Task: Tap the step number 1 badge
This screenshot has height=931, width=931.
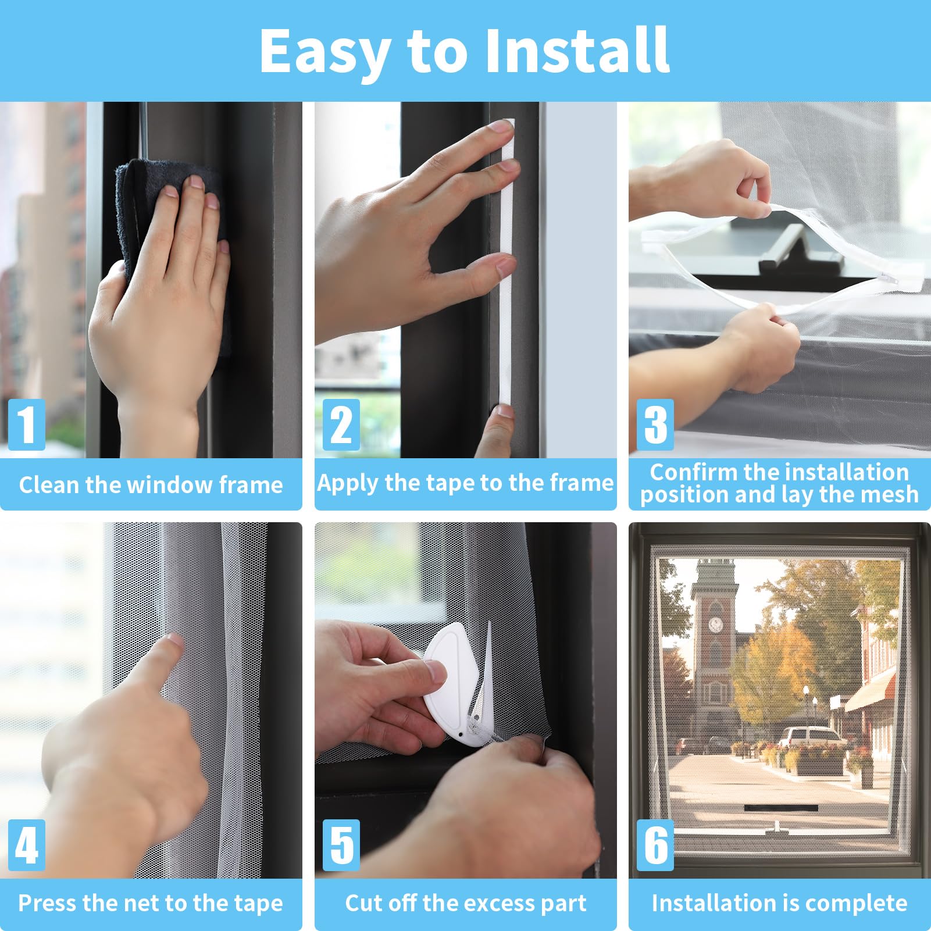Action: pyautogui.click(x=27, y=425)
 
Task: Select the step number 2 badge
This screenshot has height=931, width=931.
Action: pyautogui.click(x=341, y=425)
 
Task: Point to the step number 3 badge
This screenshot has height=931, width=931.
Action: pyautogui.click(x=655, y=425)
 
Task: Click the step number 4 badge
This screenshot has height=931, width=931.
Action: pyautogui.click(x=27, y=845)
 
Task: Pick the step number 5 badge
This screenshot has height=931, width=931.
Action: pyautogui.click(x=341, y=845)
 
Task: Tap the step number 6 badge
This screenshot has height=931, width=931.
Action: pyautogui.click(x=655, y=845)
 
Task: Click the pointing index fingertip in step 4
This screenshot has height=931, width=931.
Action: pyautogui.click(x=173, y=641)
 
